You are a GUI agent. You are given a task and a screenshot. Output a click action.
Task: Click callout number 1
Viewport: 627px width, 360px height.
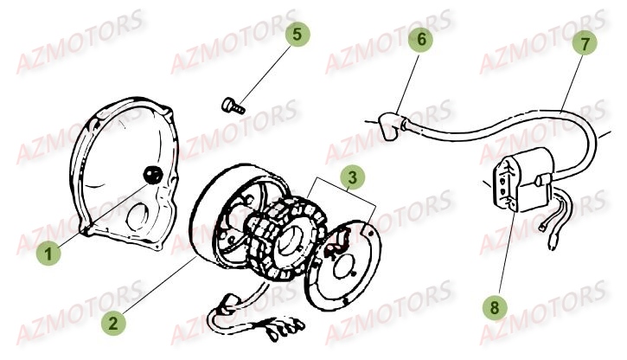click(50, 254)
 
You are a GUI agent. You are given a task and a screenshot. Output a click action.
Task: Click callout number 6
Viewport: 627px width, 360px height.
click(421, 40)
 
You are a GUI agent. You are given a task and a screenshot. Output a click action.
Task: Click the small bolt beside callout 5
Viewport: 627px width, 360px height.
click(233, 106)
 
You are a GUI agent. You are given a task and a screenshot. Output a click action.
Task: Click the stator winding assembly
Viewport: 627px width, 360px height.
click(277, 234)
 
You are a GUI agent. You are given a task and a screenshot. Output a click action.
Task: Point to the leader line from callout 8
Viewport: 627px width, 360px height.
click(506, 251)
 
